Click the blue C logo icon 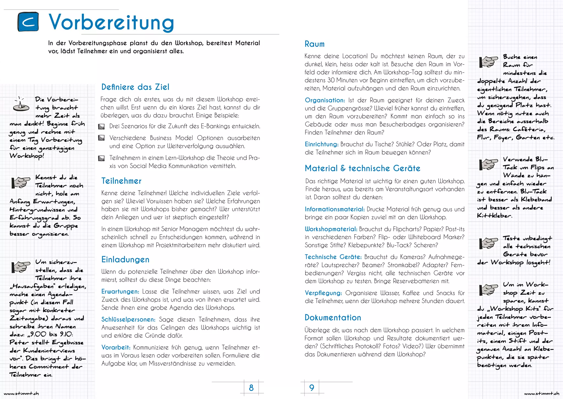(x=28, y=22)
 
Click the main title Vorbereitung (x=111, y=23)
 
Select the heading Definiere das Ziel (x=135, y=87)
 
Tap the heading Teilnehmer (x=121, y=181)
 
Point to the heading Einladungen (x=125, y=260)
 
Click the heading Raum (x=314, y=44)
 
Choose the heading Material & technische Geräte (x=362, y=168)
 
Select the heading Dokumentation (x=333, y=318)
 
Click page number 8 (x=251, y=388)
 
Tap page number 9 (x=311, y=388)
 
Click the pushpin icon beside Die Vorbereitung (x=21, y=104)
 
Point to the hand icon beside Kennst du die (x=21, y=182)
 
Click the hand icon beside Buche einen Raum (x=488, y=62)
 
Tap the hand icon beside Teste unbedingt (x=488, y=243)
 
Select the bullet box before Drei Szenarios (x=101, y=127)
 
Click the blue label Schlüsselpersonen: (x=128, y=319)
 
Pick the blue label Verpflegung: (x=323, y=293)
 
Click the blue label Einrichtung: (x=321, y=144)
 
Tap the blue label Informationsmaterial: (x=335, y=209)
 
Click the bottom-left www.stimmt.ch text (x=21, y=394)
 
